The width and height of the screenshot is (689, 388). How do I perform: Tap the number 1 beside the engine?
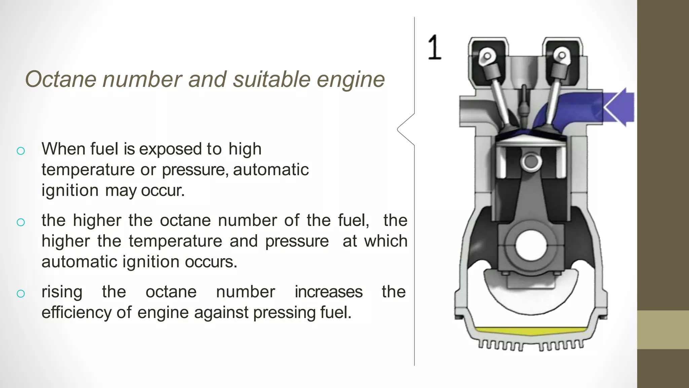pyautogui.click(x=434, y=47)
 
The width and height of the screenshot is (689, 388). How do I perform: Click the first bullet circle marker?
pyautogui.click(x=21, y=151)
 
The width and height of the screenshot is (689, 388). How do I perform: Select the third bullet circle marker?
pyautogui.click(x=21, y=293)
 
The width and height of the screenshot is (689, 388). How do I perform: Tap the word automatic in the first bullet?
pyautogui.click(x=270, y=169)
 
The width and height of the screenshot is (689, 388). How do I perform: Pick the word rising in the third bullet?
pyautogui.click(x=62, y=292)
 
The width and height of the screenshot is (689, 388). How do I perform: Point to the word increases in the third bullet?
pyautogui.click(x=328, y=292)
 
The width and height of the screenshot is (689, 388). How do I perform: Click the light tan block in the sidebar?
pyautogui.click(x=663, y=329)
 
